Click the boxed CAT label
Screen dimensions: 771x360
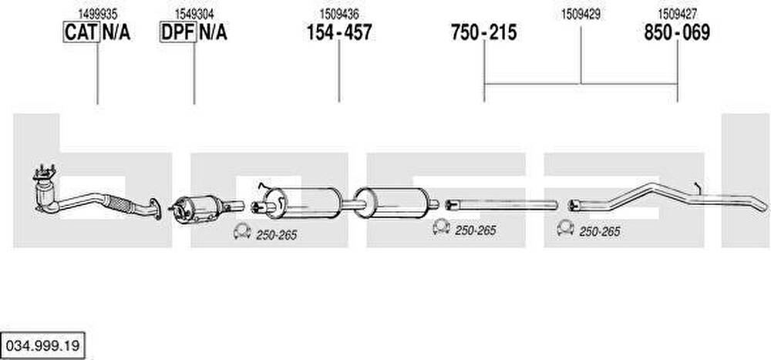pos(82,32)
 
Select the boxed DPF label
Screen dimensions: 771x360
pos(178,32)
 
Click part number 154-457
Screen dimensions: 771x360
pos(339,32)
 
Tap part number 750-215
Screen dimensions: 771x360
pos(484,32)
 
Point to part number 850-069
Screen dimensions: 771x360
pos(677,32)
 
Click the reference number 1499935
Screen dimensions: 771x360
pos(98,15)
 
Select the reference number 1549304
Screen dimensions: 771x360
pos(194,15)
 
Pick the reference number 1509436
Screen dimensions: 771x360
pos(339,15)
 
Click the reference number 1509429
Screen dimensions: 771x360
pos(581,15)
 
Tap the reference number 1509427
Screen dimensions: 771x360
pos(677,15)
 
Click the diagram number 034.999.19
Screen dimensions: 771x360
pos(42,345)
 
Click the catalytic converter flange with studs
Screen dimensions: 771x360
pos(44,173)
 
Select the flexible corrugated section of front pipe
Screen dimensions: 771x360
pos(120,203)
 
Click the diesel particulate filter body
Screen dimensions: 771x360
pos(196,209)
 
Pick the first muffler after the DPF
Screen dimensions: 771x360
pos(302,203)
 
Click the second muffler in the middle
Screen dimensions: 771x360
pos(392,203)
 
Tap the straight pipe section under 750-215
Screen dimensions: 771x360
pos(501,204)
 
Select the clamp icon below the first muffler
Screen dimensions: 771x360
pos(242,231)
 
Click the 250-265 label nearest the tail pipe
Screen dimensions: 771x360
pos(600,231)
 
